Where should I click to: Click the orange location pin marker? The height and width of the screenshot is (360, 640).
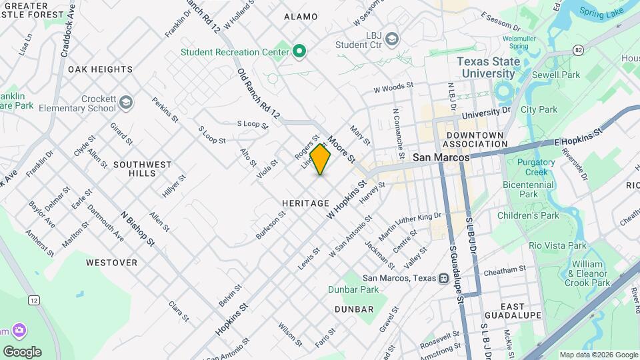[x=321, y=159]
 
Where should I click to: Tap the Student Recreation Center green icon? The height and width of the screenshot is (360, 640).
[x=300, y=51]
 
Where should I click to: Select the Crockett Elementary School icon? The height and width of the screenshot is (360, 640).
[x=127, y=103]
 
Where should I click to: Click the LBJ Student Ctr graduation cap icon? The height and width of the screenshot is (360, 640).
[x=392, y=37]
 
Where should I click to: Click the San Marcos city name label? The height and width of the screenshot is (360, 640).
[x=441, y=157]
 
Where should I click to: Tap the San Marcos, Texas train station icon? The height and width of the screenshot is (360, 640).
[x=443, y=278]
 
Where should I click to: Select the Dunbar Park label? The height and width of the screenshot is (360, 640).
[x=353, y=289]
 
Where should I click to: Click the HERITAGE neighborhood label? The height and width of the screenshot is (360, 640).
[x=305, y=203]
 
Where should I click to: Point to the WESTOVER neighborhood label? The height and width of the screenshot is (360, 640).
[x=111, y=263]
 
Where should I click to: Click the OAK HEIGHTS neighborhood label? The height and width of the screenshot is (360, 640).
[x=100, y=69]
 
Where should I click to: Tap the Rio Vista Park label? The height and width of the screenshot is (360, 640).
[x=557, y=245]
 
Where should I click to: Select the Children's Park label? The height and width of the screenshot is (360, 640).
[x=528, y=215]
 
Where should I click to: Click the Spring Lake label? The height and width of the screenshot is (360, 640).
[x=601, y=11]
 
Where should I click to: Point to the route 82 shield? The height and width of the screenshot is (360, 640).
[x=578, y=51]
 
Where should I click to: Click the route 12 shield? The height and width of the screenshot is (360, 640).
[x=33, y=301]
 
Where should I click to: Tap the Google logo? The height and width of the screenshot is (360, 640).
[x=22, y=351]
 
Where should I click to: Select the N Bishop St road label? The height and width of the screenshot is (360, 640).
[x=137, y=227]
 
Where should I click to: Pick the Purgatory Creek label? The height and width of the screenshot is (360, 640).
[x=535, y=167]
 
